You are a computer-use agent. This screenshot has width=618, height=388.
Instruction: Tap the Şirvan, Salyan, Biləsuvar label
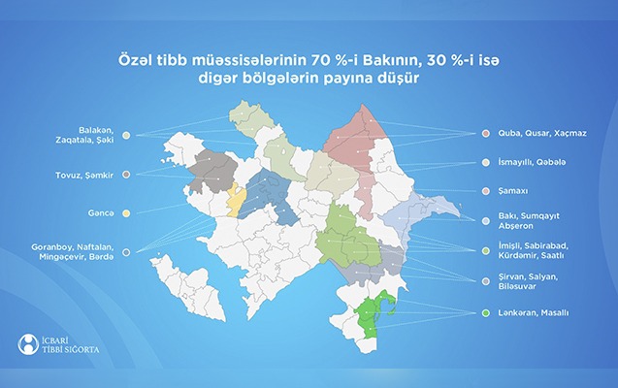(x=533, y=281)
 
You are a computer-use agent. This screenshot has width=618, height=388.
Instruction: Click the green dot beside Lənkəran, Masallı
(x=484, y=313)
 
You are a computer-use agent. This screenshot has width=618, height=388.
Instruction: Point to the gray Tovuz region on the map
(x=213, y=171)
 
